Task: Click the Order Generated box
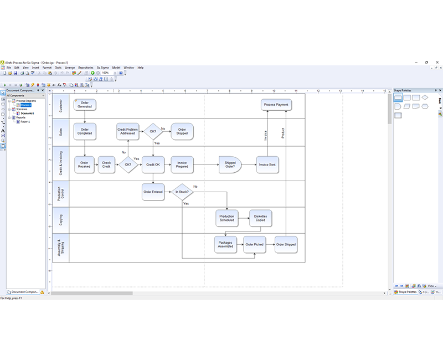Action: click(85, 104)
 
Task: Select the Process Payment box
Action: click(275, 104)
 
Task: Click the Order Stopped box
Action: click(182, 131)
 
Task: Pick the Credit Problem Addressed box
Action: click(127, 131)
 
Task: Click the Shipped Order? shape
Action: click(230, 164)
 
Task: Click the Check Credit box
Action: click(106, 164)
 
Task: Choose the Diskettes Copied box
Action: click(260, 218)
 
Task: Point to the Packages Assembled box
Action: click(225, 244)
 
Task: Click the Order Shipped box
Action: click(286, 244)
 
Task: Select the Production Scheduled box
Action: click(226, 218)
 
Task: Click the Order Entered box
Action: click(153, 192)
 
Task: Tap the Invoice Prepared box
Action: click(182, 164)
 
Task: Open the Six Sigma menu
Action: click(102, 68)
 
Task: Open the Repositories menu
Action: click(85, 68)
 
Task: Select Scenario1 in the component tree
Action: click(28, 113)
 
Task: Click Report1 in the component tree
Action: click(26, 121)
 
